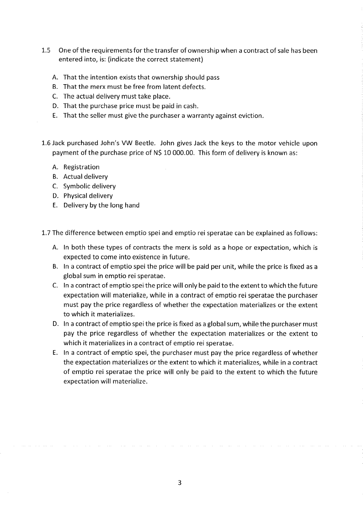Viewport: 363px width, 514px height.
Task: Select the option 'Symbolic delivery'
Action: point(89,186)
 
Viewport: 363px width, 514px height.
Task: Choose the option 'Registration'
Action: point(81,167)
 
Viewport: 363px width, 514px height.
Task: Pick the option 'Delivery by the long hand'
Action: point(101,206)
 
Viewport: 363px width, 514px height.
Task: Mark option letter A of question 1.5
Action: point(55,77)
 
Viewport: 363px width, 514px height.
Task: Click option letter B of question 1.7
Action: point(55,266)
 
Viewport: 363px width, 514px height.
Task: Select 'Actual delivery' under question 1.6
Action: point(85,177)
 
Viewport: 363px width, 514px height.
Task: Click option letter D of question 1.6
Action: point(55,196)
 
